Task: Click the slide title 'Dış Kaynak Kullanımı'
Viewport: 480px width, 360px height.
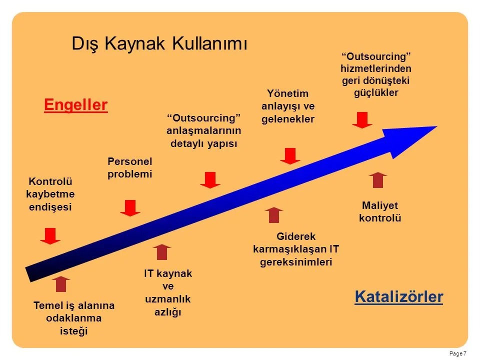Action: point(159,43)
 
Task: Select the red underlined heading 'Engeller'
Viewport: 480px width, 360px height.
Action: point(75,105)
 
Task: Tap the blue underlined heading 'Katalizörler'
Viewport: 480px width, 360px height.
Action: point(399,296)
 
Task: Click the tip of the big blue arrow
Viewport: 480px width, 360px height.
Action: point(436,126)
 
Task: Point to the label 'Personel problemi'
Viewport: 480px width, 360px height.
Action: point(130,167)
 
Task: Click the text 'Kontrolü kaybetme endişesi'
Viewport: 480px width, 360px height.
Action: point(50,194)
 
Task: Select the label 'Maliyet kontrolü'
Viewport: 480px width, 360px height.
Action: point(380,211)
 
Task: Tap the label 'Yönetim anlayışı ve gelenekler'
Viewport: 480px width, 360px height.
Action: point(288,106)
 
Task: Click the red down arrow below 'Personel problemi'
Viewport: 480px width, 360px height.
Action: point(130,208)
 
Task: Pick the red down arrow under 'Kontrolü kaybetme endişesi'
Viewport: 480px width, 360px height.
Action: point(50,235)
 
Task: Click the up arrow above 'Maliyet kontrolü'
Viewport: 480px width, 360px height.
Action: point(378,179)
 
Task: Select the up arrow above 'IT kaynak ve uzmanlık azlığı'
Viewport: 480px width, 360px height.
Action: point(162,252)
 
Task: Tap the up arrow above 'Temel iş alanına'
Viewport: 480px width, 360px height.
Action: point(61,284)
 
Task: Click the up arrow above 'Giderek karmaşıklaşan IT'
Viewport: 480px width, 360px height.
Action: point(274,215)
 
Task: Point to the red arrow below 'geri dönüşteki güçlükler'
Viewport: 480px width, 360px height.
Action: point(362,120)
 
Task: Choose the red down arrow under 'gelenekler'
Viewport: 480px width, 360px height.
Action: point(290,156)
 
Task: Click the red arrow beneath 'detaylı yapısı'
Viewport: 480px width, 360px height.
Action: point(210,180)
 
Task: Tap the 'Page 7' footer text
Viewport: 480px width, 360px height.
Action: point(458,353)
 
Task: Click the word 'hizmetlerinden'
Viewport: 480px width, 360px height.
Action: point(376,68)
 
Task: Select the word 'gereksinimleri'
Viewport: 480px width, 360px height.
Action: point(296,262)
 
